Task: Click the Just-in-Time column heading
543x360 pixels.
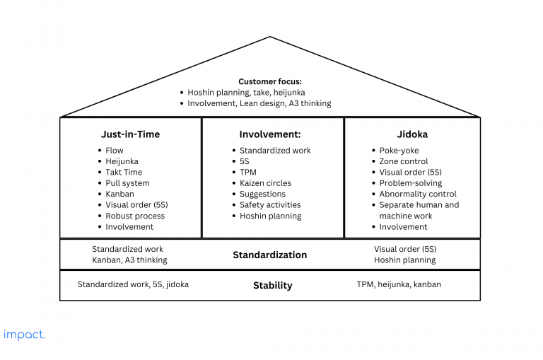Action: click(130, 134)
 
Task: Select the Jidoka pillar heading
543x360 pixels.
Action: click(412, 134)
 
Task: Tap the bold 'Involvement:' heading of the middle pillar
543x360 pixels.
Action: click(270, 134)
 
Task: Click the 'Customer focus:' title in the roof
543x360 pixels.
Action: click(270, 81)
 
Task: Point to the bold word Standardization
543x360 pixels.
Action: click(270, 255)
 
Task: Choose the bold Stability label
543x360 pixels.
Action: click(272, 286)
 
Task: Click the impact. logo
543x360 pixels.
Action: click(24, 335)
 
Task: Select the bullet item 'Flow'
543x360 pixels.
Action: click(115, 151)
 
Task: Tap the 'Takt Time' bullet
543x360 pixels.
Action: click(124, 172)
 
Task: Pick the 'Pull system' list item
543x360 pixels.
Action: click(127, 183)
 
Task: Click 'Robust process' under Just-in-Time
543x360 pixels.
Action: click(135, 216)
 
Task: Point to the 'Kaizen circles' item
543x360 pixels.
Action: click(265, 183)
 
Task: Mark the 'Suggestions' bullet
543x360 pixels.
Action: click(262, 194)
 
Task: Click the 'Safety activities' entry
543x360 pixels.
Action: click(270, 205)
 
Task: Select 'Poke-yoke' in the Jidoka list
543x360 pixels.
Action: click(399, 151)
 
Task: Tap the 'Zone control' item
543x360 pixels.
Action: click(404, 161)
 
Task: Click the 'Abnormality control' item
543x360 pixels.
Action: click(418, 194)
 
